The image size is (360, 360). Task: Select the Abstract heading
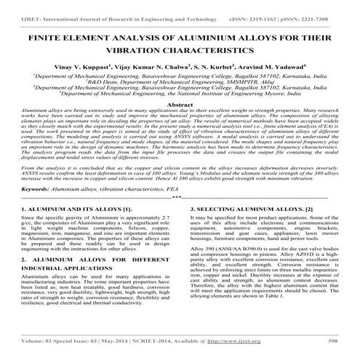(180, 105)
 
